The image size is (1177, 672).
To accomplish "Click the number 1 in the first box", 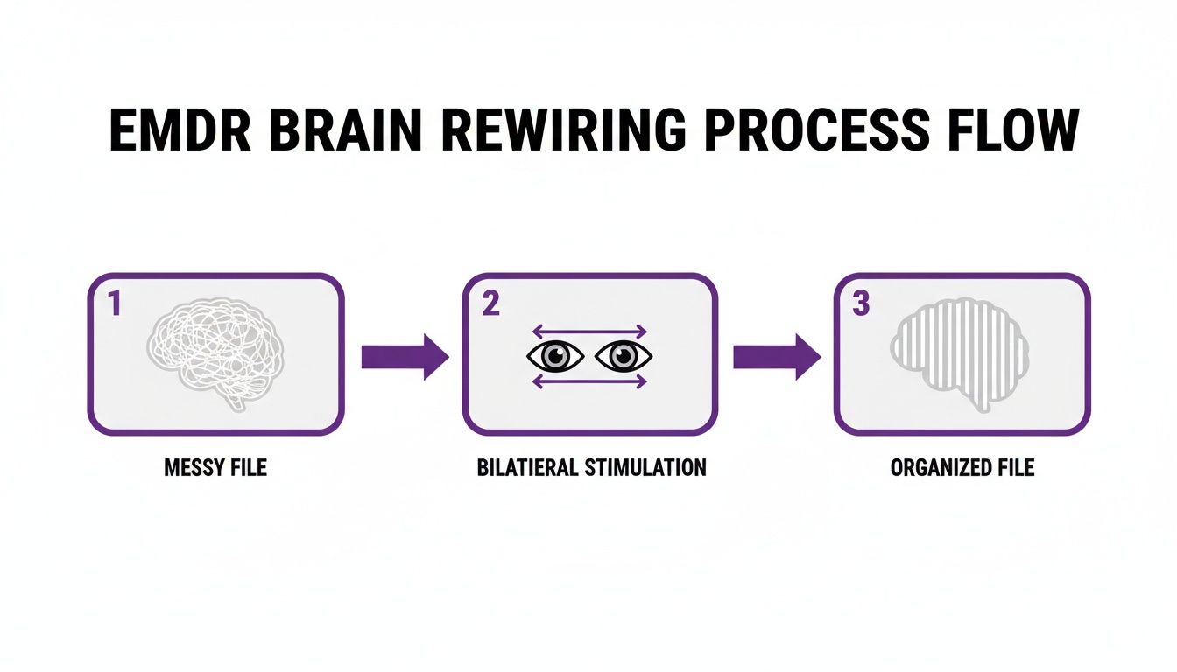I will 113,305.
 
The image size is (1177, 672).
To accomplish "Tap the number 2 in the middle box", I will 490,305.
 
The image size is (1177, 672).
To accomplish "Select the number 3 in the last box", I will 861,305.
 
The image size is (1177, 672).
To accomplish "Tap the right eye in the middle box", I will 624,356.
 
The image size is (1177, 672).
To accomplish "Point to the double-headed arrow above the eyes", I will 589,332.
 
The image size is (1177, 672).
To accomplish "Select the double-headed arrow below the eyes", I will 589,381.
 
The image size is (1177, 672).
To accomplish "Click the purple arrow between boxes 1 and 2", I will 404,356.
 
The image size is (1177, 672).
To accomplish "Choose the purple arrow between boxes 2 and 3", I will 776,356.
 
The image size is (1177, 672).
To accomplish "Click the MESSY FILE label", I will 215,467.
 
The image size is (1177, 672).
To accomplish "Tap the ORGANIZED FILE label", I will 962,467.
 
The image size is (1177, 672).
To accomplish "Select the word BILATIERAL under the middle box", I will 528,467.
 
